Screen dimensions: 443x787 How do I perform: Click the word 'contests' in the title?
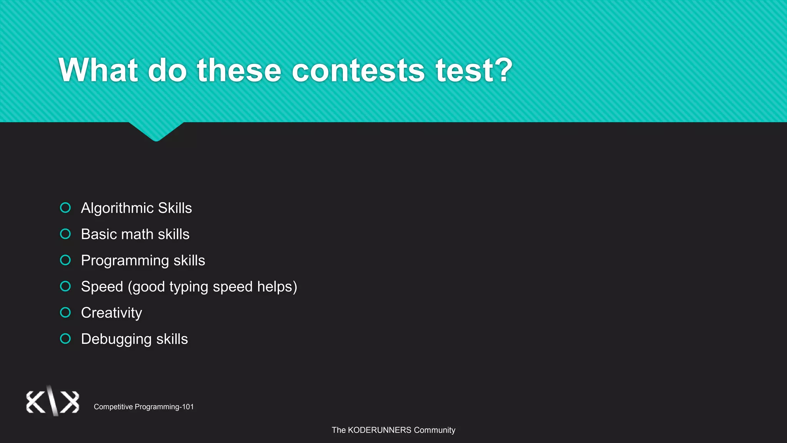(x=358, y=70)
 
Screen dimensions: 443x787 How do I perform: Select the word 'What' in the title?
(x=98, y=70)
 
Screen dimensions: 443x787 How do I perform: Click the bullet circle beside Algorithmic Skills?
(x=65, y=208)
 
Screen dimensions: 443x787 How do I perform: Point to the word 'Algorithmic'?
(x=117, y=208)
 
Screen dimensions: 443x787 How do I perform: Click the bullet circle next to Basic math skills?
(x=65, y=234)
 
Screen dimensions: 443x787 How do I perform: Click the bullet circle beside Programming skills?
(x=65, y=260)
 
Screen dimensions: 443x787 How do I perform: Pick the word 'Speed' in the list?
(x=102, y=287)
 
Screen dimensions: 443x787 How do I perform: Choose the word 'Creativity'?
(x=111, y=313)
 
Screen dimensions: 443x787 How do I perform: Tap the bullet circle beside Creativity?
(x=65, y=312)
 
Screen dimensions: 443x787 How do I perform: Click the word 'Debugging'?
(x=116, y=339)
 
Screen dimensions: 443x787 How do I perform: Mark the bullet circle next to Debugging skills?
(x=65, y=338)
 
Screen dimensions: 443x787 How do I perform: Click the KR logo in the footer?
(x=53, y=401)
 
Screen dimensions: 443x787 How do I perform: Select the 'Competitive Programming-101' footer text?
(x=144, y=407)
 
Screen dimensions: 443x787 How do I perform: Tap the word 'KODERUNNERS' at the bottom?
(x=379, y=430)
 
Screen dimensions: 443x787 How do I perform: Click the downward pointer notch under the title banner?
(x=156, y=132)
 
